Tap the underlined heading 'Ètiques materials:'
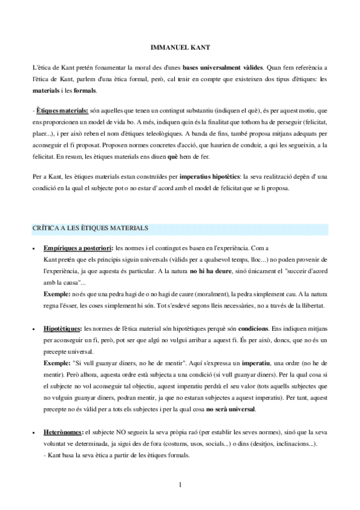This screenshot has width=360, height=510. point(63,111)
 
